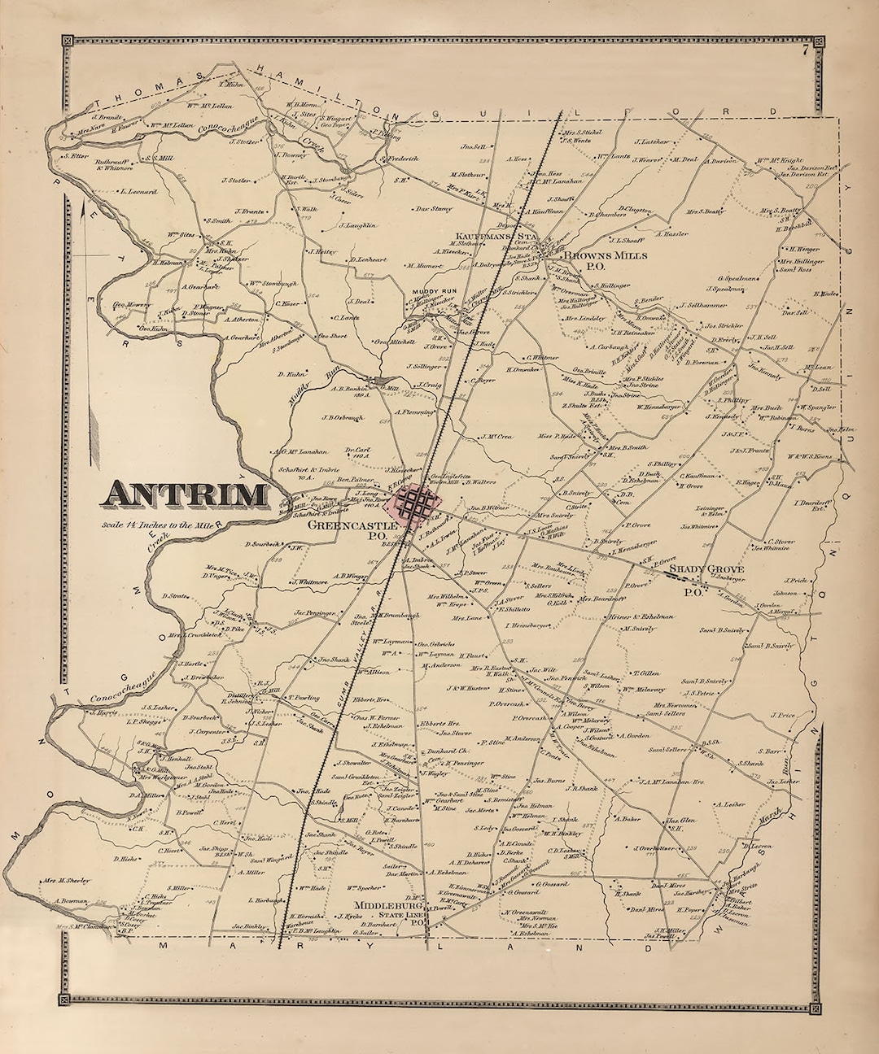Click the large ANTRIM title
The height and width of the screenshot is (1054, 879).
pos(186,494)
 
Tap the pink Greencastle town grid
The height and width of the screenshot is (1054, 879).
pos(416,506)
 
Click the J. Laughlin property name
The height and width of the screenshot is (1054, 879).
pos(357,225)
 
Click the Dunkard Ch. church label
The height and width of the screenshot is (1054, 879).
pos(444,752)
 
